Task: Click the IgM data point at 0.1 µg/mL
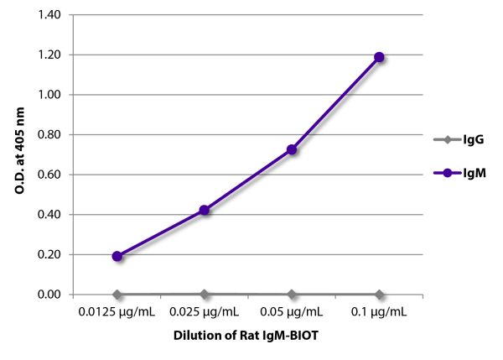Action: point(379,57)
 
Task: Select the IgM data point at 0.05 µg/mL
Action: point(292,149)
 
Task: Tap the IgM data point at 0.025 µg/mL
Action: point(204,210)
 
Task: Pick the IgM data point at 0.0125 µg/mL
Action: point(117,256)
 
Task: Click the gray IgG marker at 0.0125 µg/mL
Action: point(117,295)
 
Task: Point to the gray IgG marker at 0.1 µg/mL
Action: point(379,295)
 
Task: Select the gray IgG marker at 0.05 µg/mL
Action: point(292,295)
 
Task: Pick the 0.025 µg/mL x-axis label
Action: point(204,312)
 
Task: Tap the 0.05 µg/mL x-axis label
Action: point(292,312)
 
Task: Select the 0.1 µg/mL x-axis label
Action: point(379,312)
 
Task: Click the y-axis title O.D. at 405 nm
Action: point(18,154)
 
